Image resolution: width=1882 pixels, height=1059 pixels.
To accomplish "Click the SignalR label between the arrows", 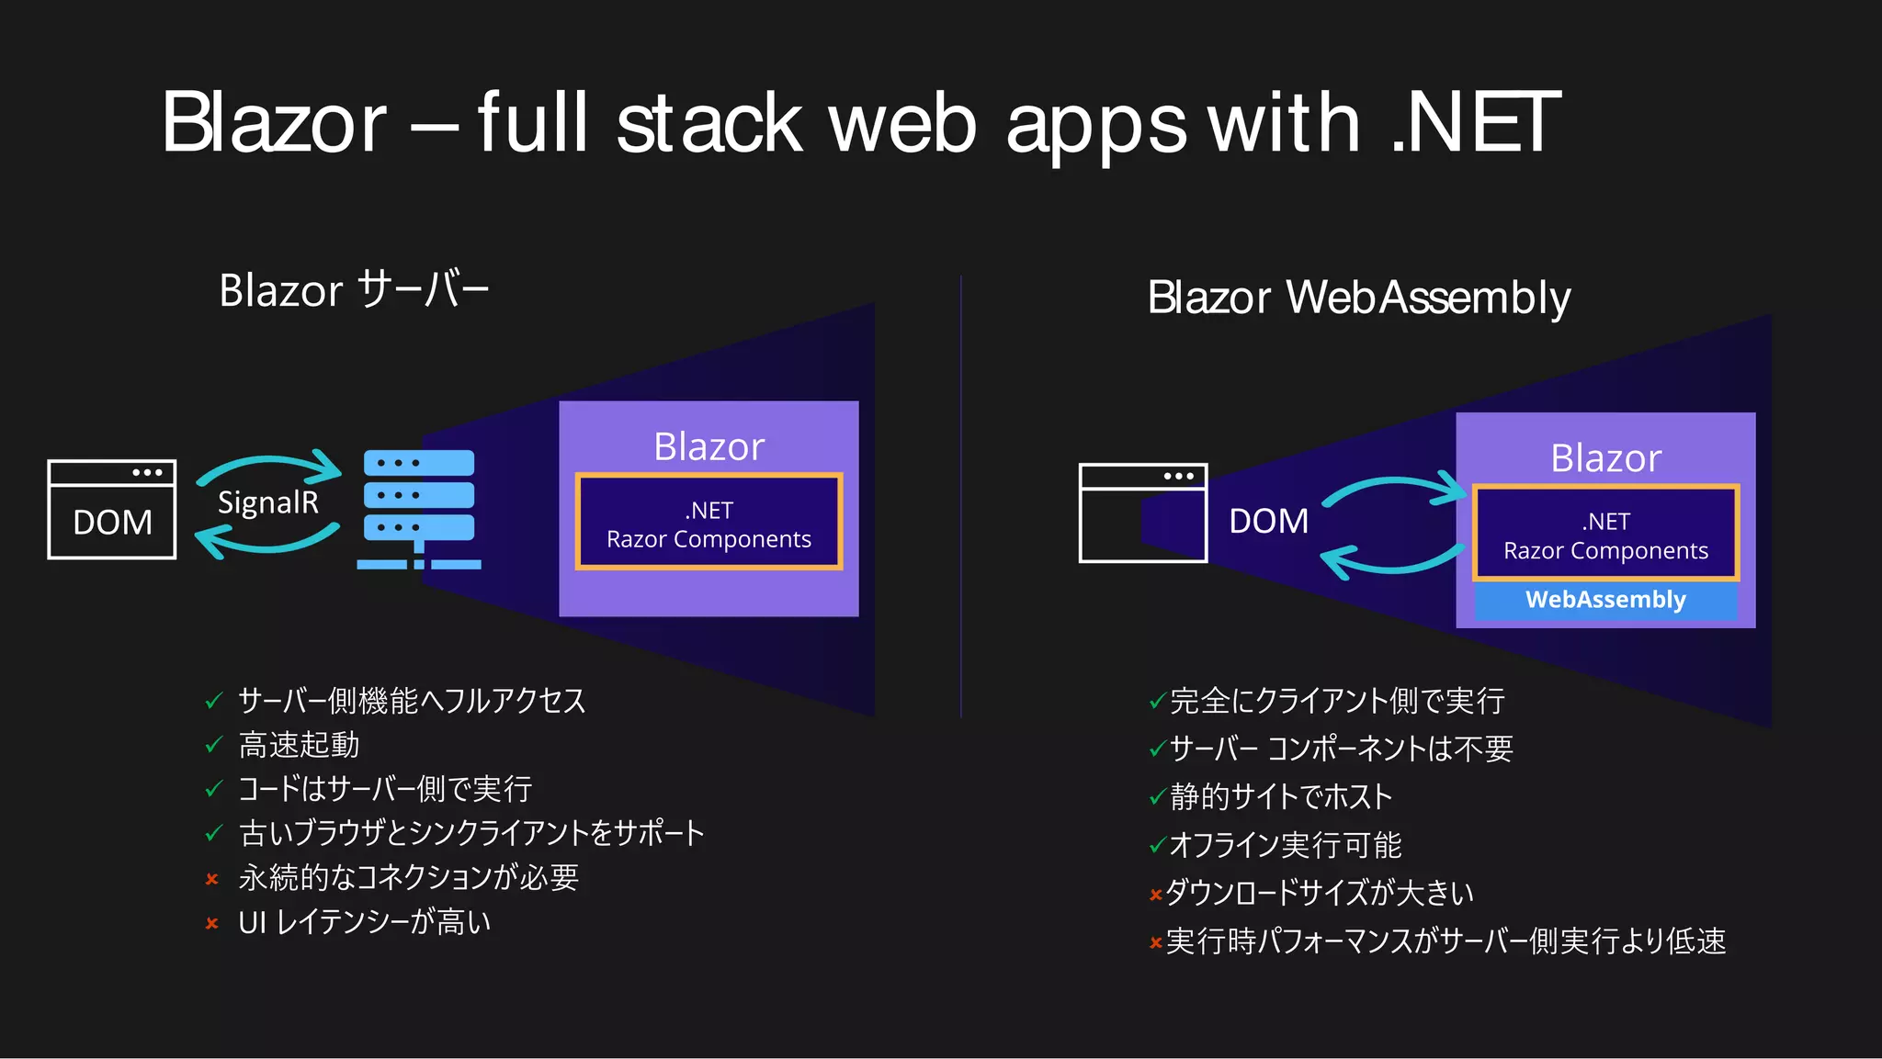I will point(267,503).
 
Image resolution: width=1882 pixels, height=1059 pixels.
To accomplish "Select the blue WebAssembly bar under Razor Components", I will point(1605,600).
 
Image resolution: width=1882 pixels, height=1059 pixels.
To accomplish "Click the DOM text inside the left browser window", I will point(112,523).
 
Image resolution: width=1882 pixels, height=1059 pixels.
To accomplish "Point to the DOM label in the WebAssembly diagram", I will point(1268,522).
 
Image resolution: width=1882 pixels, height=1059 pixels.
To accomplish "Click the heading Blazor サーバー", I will point(354,290).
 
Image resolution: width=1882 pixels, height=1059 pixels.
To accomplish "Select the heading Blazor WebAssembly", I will point(1358,298).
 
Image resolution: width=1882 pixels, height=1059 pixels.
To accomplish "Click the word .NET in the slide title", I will point(1475,122).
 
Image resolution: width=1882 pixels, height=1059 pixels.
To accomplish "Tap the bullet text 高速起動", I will point(299,745).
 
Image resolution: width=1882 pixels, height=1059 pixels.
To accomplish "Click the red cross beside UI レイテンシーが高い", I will point(212,923).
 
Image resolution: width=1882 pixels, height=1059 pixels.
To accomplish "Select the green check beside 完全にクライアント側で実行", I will point(1157,703).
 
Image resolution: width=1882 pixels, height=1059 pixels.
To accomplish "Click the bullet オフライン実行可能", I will point(1285,845).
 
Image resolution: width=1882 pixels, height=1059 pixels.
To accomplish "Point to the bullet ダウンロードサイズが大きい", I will point(1319,893).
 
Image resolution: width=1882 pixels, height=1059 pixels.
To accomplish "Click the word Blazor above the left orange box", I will point(709,447).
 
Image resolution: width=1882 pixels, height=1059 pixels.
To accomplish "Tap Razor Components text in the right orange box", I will point(1605,551).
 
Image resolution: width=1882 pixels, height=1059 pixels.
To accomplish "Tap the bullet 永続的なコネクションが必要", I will point(408,878).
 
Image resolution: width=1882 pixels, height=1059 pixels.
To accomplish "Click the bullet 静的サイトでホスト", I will point(1281,797).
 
